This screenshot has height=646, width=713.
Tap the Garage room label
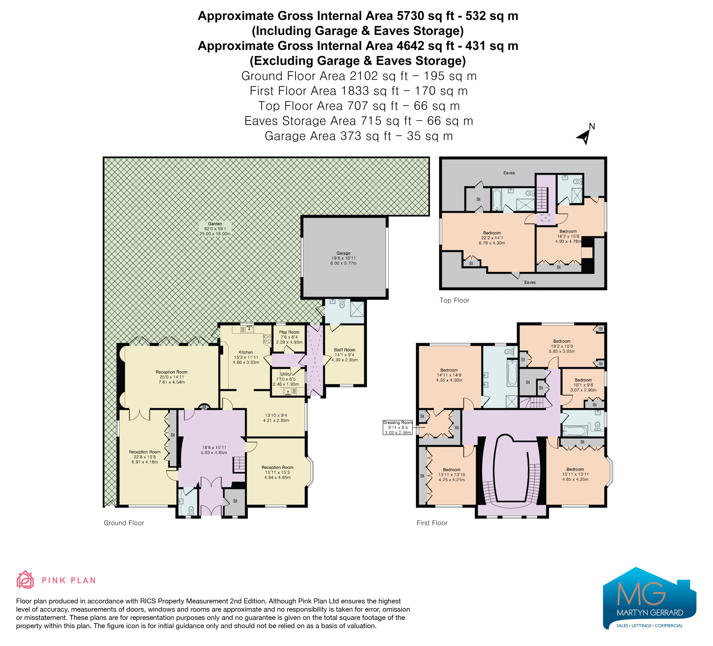[x=343, y=258]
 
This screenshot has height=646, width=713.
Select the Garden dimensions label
[x=215, y=229]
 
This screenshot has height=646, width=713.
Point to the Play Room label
[x=289, y=337]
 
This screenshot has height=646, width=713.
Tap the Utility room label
[x=286, y=379]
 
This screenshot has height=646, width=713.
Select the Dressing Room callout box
[x=398, y=427]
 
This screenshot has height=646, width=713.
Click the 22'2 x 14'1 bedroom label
[x=492, y=238]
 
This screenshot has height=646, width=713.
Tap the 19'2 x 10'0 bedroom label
[x=562, y=346]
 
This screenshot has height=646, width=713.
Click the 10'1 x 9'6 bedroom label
[x=583, y=385]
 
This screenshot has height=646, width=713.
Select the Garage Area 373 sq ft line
[x=359, y=136]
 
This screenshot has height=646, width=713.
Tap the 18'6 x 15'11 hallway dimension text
[x=214, y=450]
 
